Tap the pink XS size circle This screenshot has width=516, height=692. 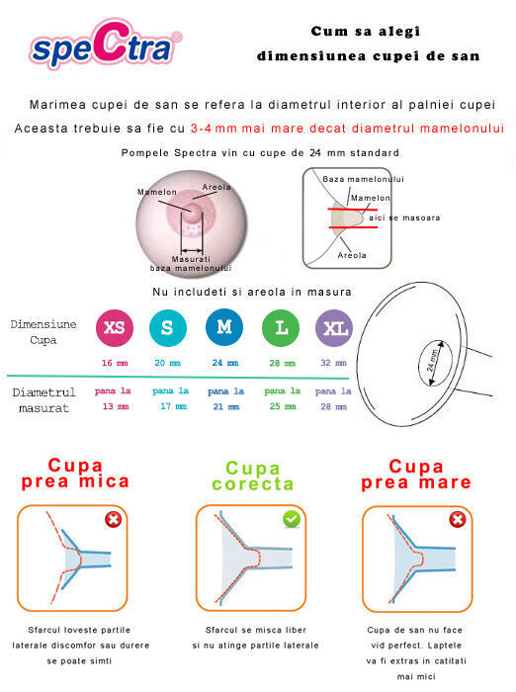(114, 328)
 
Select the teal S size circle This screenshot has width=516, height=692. (167, 328)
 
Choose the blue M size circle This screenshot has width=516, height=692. (223, 328)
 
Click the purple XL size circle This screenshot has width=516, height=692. (333, 328)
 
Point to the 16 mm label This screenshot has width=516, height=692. (114, 363)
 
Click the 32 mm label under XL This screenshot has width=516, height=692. (333, 363)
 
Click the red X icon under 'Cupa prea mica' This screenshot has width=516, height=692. (115, 520)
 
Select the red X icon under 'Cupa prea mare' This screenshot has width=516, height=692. (458, 520)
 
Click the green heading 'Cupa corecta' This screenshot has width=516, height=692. (253, 476)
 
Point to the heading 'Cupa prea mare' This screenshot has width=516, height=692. (415, 475)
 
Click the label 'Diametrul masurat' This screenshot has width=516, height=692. (43, 399)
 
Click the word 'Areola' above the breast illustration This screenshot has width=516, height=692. (216, 186)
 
